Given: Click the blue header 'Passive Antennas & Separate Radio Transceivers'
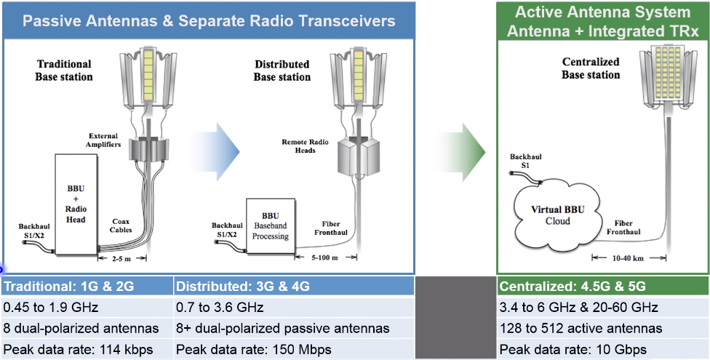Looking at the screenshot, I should click(x=209, y=20).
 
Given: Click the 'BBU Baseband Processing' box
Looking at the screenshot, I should click(x=269, y=226).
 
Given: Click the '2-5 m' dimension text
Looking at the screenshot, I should click(x=124, y=258).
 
